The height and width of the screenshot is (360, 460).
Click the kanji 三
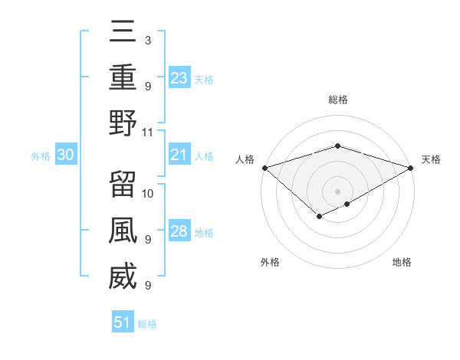[x=123, y=31]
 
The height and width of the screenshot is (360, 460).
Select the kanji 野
[x=123, y=123]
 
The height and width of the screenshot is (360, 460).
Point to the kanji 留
[x=123, y=184]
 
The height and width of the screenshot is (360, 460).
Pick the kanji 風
[x=123, y=230]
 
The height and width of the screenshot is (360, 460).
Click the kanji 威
[x=123, y=276]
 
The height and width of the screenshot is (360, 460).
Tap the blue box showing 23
[x=179, y=78]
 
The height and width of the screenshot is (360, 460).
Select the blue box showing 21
[x=179, y=155]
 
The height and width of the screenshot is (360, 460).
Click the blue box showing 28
[x=179, y=232]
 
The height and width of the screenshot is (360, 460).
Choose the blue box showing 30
[x=66, y=155]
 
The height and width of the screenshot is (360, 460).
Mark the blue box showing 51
[x=123, y=322]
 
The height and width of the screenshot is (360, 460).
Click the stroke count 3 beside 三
[x=147, y=40]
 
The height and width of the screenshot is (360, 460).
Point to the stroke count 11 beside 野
[x=149, y=132]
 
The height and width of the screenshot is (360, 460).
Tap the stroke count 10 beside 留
[x=149, y=193]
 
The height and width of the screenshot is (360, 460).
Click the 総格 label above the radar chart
[x=337, y=100]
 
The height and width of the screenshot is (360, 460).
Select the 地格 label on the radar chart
[x=402, y=262]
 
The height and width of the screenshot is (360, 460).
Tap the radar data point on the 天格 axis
[x=411, y=168]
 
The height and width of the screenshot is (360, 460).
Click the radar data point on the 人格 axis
[x=264, y=168]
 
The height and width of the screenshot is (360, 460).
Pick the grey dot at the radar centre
[x=337, y=191]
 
